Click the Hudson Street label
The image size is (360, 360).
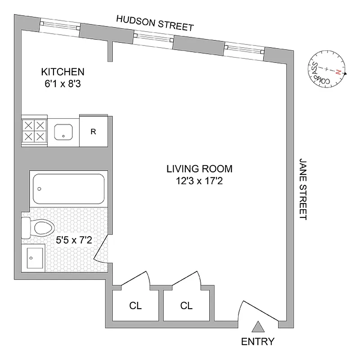tap(155, 23)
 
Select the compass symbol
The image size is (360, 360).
tap(328, 71)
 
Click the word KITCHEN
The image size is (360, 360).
tap(63, 72)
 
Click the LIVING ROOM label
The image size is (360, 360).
tap(199, 169)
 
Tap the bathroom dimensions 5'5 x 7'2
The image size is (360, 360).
tap(74, 240)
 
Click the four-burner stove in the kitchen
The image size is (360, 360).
tap(35, 130)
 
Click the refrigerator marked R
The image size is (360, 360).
tap(93, 131)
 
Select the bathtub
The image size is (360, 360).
tap(69, 189)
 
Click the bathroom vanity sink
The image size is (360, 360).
tap(34, 258)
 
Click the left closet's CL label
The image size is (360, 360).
tap(135, 306)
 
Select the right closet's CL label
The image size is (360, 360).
tap(186, 306)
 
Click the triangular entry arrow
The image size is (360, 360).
tap(258, 326)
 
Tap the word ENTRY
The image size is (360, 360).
tap(258, 341)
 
